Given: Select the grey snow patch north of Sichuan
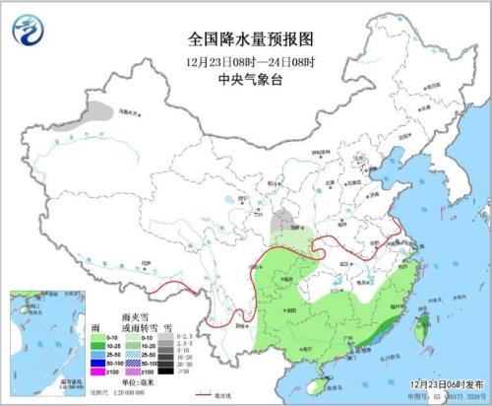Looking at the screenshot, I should click(282, 219).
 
